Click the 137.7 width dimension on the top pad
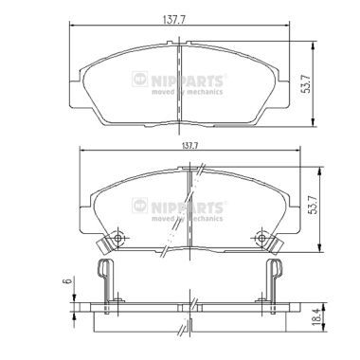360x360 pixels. coord(173,19)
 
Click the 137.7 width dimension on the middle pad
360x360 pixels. coord(189,146)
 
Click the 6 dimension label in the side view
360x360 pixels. coord(66,280)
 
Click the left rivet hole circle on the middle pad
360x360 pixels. coord(118,238)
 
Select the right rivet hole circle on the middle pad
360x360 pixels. coord(261,238)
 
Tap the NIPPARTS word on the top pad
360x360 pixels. coord(188,81)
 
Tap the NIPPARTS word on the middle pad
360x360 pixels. coord(188,207)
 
